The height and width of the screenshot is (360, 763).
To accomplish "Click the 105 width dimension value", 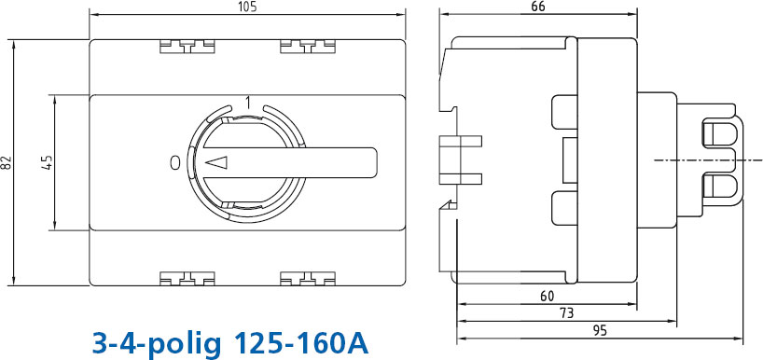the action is tap(247, 7).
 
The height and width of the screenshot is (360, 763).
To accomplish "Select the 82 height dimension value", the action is tap(7, 162).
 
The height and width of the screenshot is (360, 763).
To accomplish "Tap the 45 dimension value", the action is tap(48, 162).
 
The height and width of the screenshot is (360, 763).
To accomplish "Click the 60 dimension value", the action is tap(547, 296).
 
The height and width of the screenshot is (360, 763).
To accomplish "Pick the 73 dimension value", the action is tap(566, 312).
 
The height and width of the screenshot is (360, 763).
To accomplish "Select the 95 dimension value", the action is tap(601, 331).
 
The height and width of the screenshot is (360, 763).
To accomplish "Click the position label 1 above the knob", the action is tap(248, 104).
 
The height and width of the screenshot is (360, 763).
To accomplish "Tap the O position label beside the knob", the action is tap(176, 163).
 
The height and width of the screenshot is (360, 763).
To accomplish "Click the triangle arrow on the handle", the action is tap(216, 162).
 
